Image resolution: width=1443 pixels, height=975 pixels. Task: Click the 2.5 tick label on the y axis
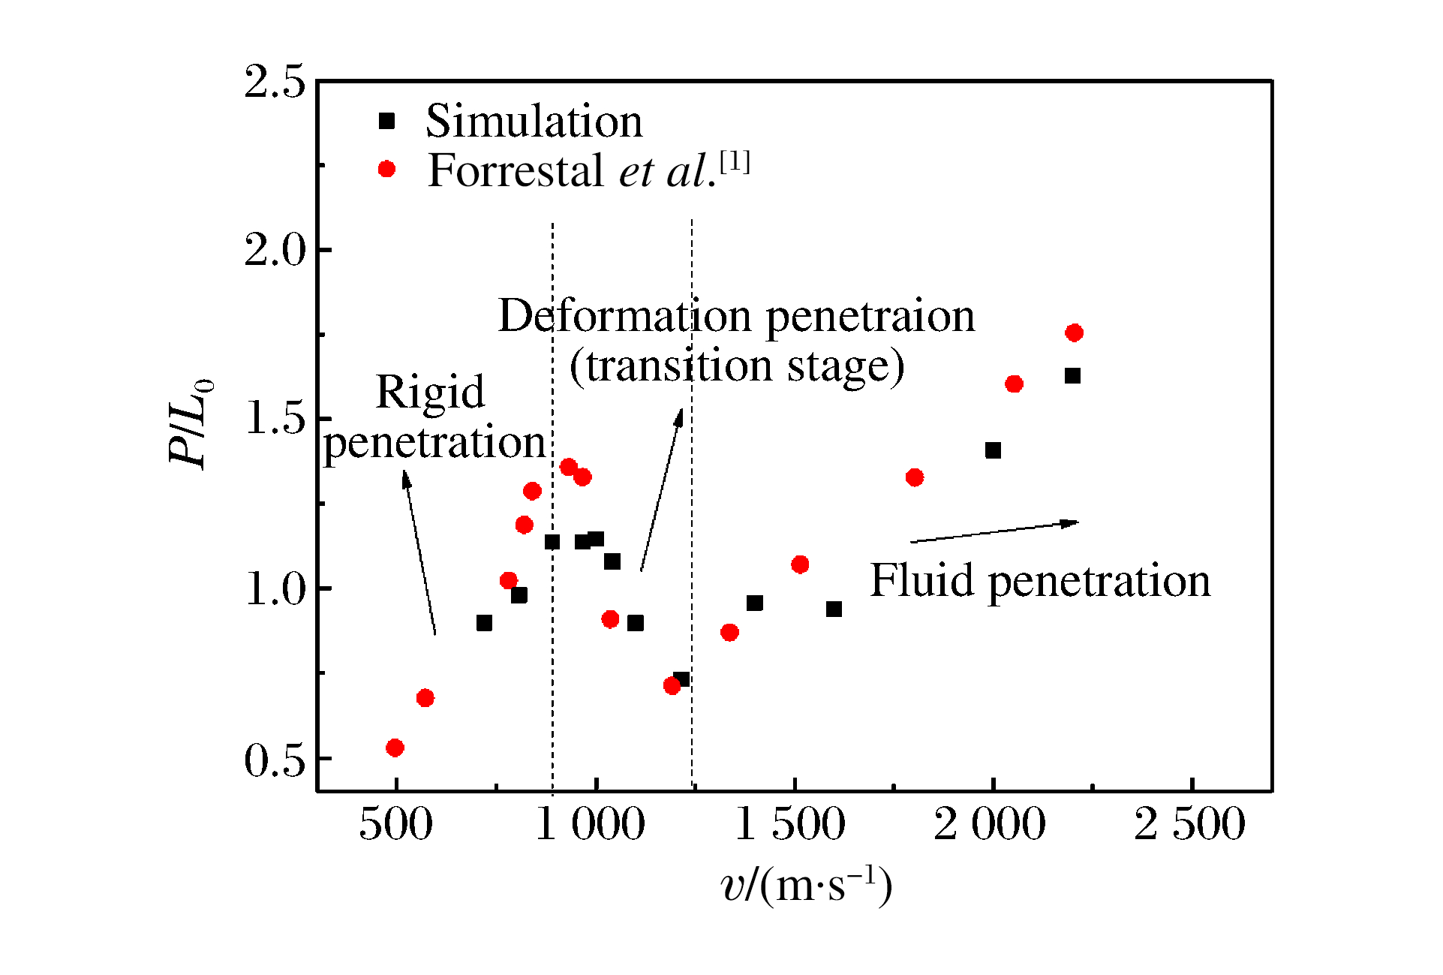pos(275,81)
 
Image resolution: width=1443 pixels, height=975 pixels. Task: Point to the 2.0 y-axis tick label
pos(275,250)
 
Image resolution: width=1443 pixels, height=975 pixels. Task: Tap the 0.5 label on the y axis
pos(275,760)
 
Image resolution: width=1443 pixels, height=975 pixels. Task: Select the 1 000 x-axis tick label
pos(591,824)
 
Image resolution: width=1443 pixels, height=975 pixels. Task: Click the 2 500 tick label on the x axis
pos(1189,824)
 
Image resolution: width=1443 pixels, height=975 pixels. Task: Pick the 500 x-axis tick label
pos(395,824)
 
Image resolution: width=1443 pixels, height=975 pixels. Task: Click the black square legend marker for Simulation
pos(386,121)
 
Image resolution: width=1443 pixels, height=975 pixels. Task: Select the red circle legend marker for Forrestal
pos(386,169)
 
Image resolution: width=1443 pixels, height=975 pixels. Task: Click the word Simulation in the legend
pos(534,121)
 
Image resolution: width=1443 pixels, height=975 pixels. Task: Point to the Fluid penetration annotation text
pos(1040,580)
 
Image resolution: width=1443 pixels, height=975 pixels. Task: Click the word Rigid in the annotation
pos(430,392)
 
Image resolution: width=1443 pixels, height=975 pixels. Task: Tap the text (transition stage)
pos(737,366)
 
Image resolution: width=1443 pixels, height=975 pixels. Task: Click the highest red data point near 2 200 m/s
pos(1074,333)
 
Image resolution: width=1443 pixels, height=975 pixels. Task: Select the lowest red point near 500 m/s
pos(395,748)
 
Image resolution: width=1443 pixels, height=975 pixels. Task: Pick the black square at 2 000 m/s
pos(993,450)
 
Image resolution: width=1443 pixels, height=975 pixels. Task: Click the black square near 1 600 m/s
pos(834,609)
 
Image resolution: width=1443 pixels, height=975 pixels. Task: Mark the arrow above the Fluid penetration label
pos(994,531)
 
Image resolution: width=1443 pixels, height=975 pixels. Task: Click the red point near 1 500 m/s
pos(800,564)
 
